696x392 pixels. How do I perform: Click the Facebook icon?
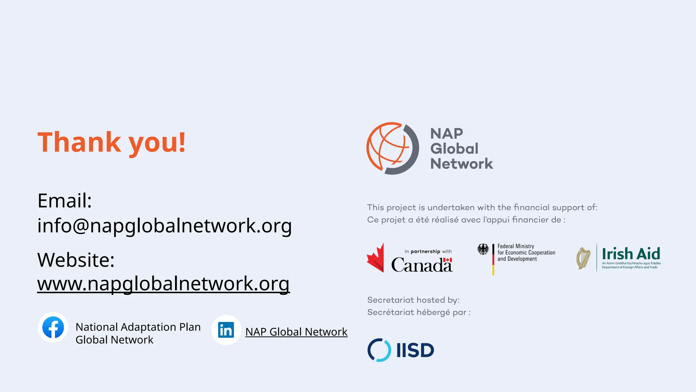[x=53, y=327]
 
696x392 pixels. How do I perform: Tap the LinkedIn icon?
[x=226, y=330]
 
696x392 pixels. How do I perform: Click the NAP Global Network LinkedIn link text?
[x=296, y=332]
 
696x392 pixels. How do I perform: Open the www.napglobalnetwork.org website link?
[x=163, y=283]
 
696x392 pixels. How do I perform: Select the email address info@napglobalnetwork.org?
[x=164, y=226]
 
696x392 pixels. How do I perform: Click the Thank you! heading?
[x=111, y=142]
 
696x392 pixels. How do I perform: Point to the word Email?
[x=65, y=200]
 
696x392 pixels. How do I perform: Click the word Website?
[x=76, y=260]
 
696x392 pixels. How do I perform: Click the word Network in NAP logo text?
[x=461, y=164]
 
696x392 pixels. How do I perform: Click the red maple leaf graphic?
[x=376, y=258]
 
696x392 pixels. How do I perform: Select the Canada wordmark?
[x=421, y=265]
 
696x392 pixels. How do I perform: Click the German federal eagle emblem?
[x=483, y=249]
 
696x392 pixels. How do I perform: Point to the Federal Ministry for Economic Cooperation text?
[x=526, y=252]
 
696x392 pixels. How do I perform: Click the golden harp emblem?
[x=583, y=258]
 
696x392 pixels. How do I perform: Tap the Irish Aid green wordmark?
[x=631, y=254]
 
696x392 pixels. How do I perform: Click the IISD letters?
[x=415, y=350]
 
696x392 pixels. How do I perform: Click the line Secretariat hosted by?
[x=413, y=300]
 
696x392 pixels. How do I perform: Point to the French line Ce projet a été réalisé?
[x=466, y=220]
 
